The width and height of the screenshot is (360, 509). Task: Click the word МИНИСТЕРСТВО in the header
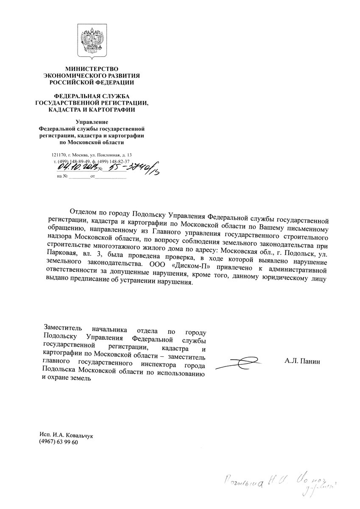tap(92, 69)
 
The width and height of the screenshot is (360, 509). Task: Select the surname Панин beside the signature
tap(311, 361)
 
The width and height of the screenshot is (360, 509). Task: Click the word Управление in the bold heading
tap(92, 123)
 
